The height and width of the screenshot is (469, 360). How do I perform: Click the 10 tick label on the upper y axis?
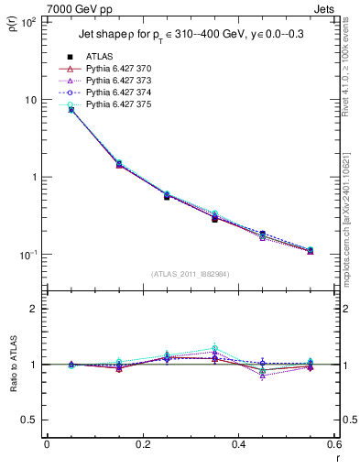[x=31, y=99]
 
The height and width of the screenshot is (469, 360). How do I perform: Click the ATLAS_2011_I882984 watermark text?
[x=191, y=273]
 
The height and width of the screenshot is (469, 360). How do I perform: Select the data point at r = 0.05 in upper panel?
[x=71, y=110]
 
